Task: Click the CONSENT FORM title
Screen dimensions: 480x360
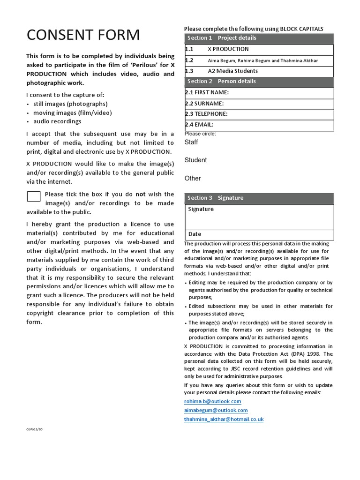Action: [x=83, y=35]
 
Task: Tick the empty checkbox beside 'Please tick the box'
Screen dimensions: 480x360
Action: [x=34, y=196]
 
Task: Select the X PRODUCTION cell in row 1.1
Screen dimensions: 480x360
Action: [x=228, y=49]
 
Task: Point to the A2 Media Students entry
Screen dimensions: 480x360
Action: [x=232, y=71]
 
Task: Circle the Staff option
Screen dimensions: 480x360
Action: [x=191, y=142]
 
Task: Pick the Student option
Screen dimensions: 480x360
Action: [x=195, y=160]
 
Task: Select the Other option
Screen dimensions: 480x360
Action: [x=193, y=179]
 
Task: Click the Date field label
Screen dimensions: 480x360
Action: [x=195, y=234]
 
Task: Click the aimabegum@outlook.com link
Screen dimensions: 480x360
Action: [x=216, y=411]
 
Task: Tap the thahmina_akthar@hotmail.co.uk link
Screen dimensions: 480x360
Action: [x=224, y=420]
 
